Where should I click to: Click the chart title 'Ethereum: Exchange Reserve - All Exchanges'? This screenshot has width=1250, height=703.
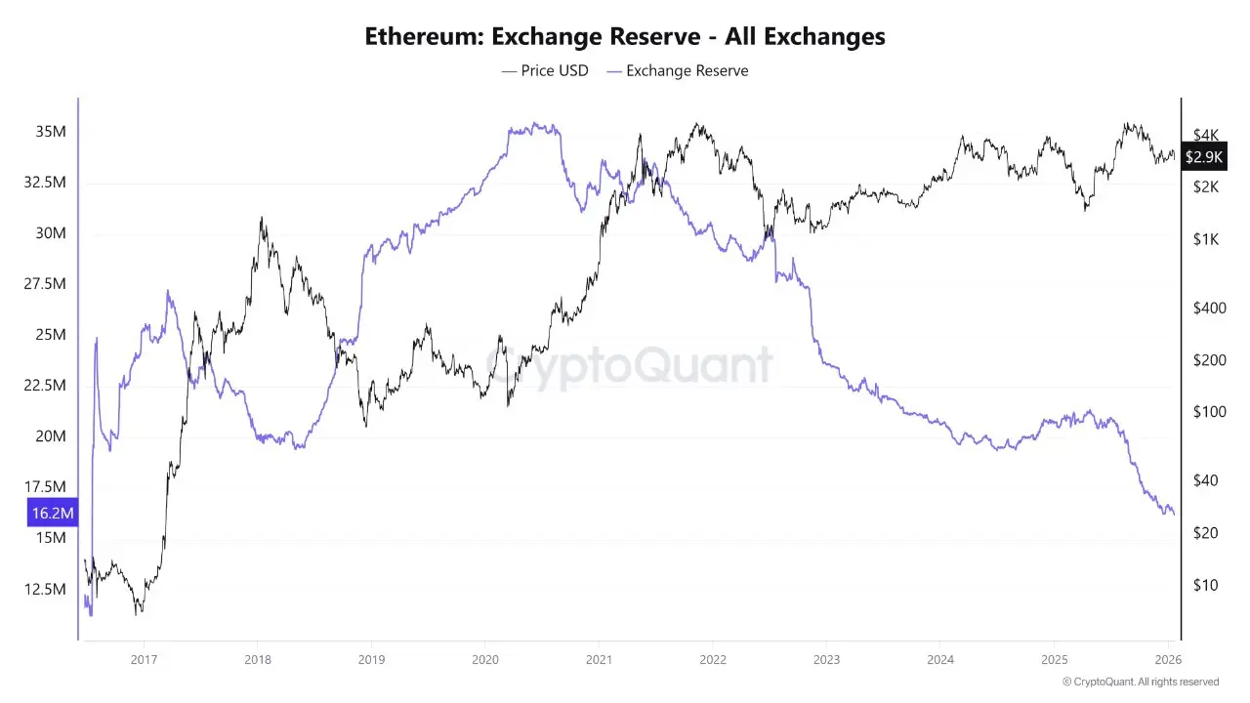[625, 37]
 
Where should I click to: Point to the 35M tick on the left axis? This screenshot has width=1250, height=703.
[52, 132]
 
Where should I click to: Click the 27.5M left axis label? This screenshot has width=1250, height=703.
[47, 284]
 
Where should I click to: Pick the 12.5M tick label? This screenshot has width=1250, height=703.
[47, 589]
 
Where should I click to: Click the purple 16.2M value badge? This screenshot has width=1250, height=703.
[53, 513]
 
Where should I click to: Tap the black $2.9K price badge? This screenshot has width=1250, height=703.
[1203, 156]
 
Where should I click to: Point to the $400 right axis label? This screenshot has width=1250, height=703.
[1209, 308]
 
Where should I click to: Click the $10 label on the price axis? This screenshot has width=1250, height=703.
[1204, 585]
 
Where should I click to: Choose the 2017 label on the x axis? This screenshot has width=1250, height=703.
[144, 658]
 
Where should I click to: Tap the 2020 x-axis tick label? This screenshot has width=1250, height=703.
[484, 658]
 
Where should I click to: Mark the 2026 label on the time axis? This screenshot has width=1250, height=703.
[1168, 658]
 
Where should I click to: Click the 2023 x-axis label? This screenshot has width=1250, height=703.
[826, 658]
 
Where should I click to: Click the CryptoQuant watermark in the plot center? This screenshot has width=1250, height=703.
[629, 365]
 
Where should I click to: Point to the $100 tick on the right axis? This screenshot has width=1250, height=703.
[1209, 412]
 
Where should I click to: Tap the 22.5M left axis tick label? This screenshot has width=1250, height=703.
[47, 386]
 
